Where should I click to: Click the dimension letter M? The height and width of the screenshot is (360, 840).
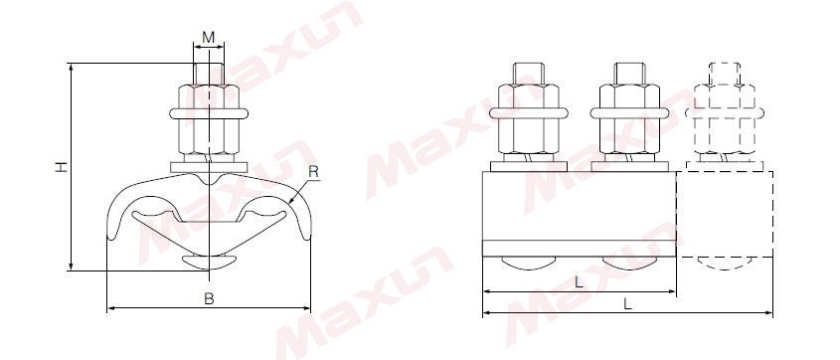tap(209, 38)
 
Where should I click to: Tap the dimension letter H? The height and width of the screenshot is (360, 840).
tap(62, 167)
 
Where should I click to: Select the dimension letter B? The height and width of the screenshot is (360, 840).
tap(209, 299)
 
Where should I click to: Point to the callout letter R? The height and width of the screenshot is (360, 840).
tap(314, 172)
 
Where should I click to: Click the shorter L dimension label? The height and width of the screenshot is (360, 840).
tap(580, 282)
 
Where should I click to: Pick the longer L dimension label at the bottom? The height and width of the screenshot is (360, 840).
tap(627, 303)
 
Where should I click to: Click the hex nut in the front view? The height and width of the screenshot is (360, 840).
tap(209, 119)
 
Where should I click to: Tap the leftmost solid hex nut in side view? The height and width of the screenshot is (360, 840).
tap(528, 119)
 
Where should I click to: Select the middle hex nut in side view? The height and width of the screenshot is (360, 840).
tap(629, 119)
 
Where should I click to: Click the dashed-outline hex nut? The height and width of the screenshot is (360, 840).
tap(725, 119)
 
